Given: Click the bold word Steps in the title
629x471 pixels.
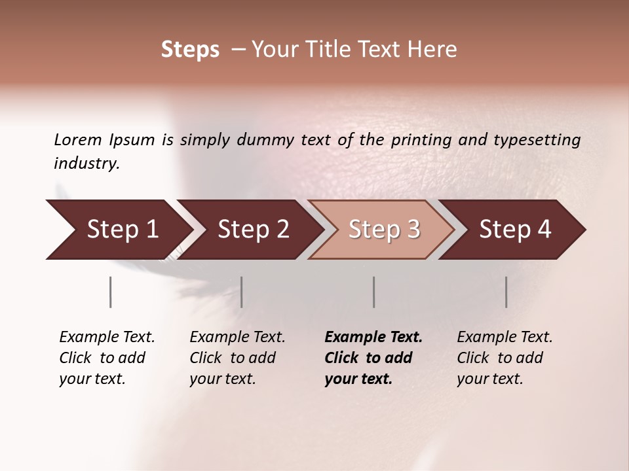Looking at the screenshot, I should click(190, 50).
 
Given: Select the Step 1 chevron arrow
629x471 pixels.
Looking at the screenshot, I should click(118, 230).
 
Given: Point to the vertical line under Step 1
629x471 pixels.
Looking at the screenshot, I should click(110, 292).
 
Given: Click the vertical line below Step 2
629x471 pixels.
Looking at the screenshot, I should click(242, 292).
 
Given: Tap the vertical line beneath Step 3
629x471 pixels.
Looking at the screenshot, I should click(374, 292).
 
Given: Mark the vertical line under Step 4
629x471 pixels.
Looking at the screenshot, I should click(506, 292).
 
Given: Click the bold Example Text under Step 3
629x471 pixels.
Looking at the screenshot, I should click(373, 338).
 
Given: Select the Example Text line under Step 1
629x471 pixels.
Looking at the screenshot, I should click(107, 338).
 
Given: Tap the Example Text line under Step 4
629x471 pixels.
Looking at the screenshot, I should click(505, 338).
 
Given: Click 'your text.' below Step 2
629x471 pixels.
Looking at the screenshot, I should click(222, 379).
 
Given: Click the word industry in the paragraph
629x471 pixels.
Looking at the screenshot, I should click(86, 164).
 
